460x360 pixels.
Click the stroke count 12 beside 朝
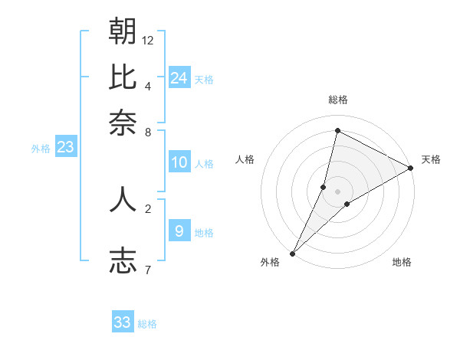(x=148, y=40)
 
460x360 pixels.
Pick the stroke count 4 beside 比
(x=148, y=85)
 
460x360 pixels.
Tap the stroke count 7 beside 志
(x=148, y=269)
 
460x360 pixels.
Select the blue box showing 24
(x=179, y=77)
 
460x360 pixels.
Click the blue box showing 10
(x=179, y=162)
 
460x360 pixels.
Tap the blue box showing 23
(x=65, y=148)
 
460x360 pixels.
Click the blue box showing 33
(x=123, y=322)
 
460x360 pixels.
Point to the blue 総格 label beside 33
(x=147, y=324)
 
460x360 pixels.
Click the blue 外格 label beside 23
(x=41, y=149)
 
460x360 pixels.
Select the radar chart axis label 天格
(x=431, y=159)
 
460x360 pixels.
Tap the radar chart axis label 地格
(x=402, y=263)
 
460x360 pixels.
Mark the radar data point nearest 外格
(x=292, y=254)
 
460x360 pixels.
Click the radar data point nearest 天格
(x=411, y=169)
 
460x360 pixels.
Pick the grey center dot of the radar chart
(x=337, y=191)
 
